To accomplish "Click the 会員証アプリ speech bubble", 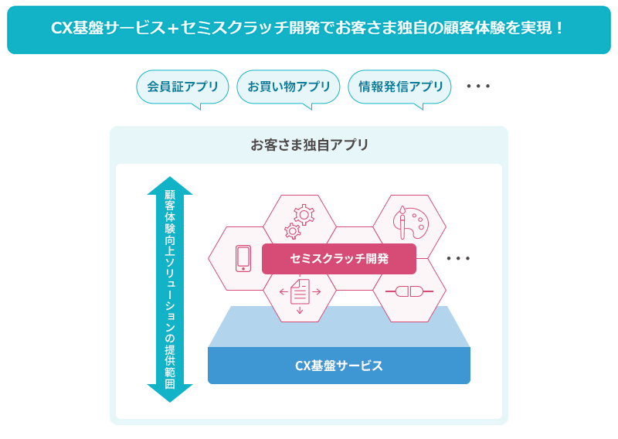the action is tap(182, 87).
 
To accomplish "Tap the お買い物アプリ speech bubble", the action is tap(288, 87).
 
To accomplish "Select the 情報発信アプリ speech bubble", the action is tap(399, 87).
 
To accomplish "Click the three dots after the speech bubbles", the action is tap(478, 86).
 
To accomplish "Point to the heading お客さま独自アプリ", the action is tap(310, 145).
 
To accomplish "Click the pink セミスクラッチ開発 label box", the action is tap(339, 259).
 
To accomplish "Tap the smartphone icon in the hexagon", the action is tap(243, 258).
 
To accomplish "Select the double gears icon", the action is tap(299, 221).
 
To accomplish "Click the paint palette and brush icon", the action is tap(410, 223).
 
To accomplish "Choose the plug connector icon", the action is tap(409, 291).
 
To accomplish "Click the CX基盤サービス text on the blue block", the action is tap(339, 366).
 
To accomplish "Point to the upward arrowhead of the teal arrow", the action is tap(170, 185).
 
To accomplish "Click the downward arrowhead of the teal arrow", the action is tap(170, 393).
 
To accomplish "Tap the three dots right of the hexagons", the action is tap(458, 259).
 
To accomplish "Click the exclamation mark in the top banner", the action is tap(559, 28).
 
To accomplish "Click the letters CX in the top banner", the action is tap(62, 29).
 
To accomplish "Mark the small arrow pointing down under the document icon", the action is tap(300, 310).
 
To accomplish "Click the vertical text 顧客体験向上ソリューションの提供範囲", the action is tap(170, 289).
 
